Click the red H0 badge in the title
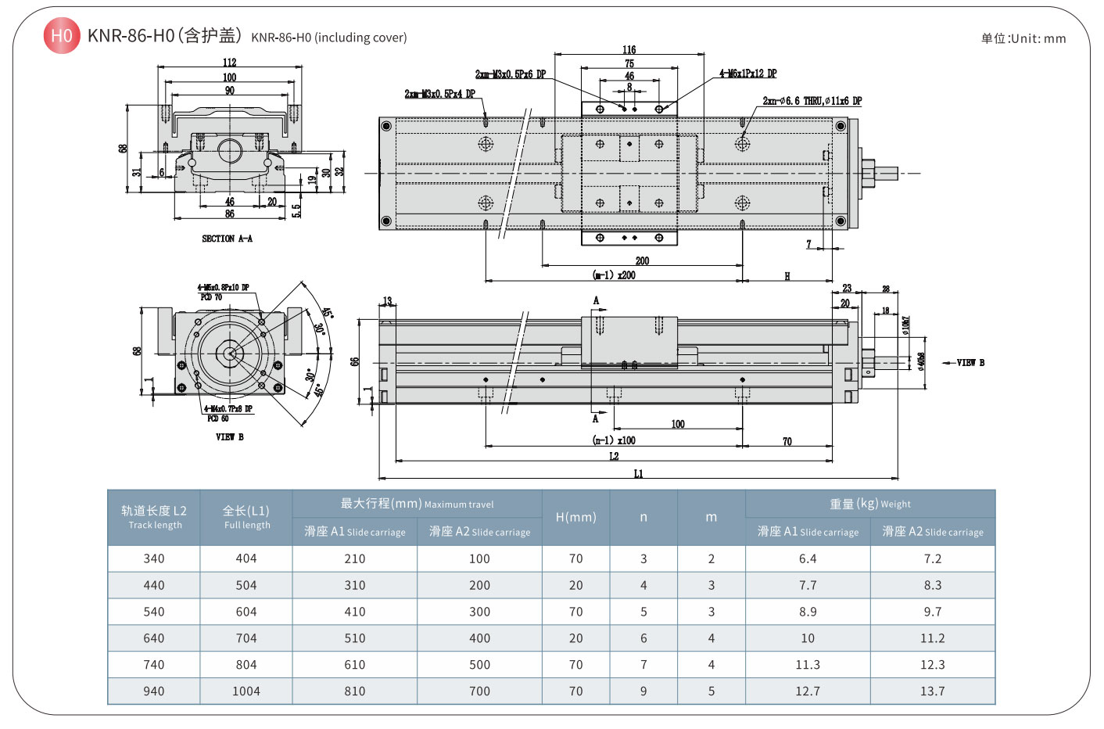click(61, 36)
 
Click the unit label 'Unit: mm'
click(1023, 38)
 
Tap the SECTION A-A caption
click(227, 239)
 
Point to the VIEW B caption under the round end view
click(229, 436)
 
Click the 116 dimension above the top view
click(629, 50)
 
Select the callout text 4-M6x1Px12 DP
click(748, 74)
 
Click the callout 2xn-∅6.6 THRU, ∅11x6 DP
click(812, 101)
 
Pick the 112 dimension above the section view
click(229, 63)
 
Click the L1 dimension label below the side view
click(638, 473)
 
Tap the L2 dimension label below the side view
click(614, 456)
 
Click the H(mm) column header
click(575, 517)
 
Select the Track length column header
click(154, 517)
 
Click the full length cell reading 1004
click(246, 691)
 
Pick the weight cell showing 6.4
click(808, 558)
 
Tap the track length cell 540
click(154, 612)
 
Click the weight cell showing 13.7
click(932, 691)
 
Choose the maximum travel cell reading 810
click(355, 691)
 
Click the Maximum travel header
click(417, 504)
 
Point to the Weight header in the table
click(869, 504)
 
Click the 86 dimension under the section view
click(229, 214)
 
